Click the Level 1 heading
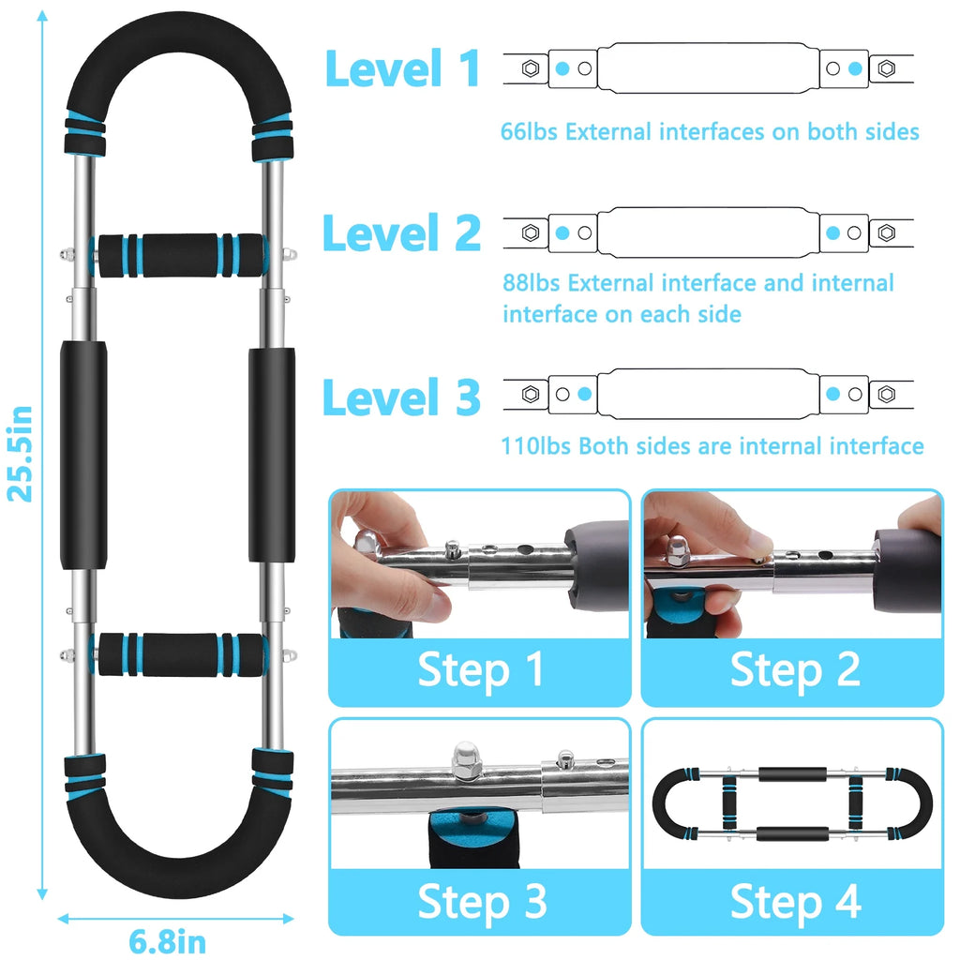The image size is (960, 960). coord(402,68)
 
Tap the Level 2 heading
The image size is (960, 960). coord(401,232)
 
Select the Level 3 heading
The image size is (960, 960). coord(401,397)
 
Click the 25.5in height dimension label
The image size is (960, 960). coord(20,454)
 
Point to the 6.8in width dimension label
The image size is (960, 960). coord(167,941)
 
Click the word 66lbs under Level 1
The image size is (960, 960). coord(529,131)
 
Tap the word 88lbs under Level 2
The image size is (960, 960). coord(531,283)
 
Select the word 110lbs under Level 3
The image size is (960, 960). coord(536,446)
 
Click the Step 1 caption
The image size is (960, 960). coord(481,669)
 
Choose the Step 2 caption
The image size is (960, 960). coord(795,669)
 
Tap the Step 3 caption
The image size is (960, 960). coord(482,901)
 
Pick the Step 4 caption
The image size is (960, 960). coord(795,901)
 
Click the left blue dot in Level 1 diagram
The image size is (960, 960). coord(562,68)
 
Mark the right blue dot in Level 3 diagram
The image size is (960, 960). coord(832,394)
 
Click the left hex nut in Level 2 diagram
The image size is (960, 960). coord(531,232)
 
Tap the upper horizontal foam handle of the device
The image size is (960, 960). coord(180,255)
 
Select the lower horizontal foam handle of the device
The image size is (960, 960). coord(180,654)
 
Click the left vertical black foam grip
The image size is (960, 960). coord(83,455)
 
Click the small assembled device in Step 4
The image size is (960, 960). coord(792,803)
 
